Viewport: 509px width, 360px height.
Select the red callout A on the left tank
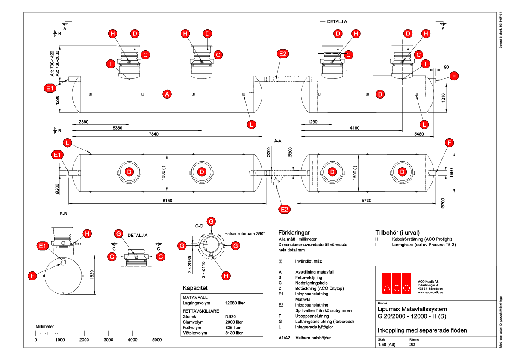167,94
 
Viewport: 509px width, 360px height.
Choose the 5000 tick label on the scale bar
157,340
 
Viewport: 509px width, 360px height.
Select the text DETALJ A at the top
337,21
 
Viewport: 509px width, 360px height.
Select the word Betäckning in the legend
305,288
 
